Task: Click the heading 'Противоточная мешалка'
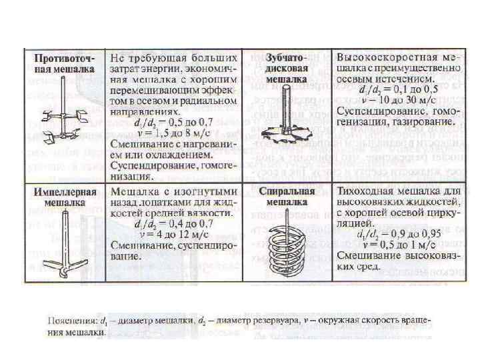tap(65, 62)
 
